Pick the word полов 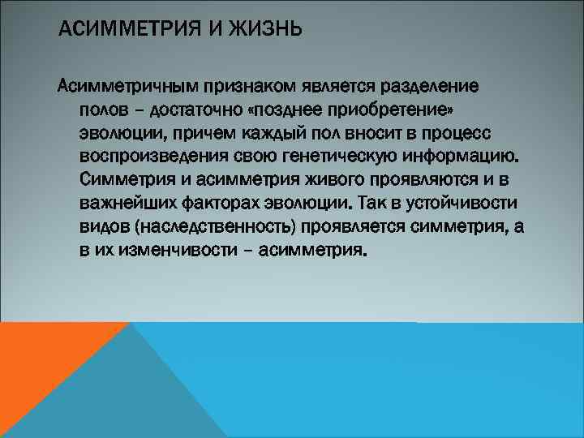click(x=101, y=109)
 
